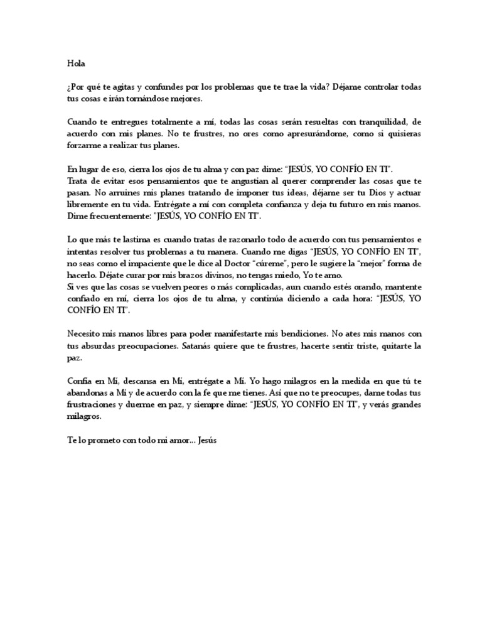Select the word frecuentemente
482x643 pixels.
click(118, 217)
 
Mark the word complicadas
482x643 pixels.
click(233, 288)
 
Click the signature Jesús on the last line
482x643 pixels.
click(206, 441)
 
